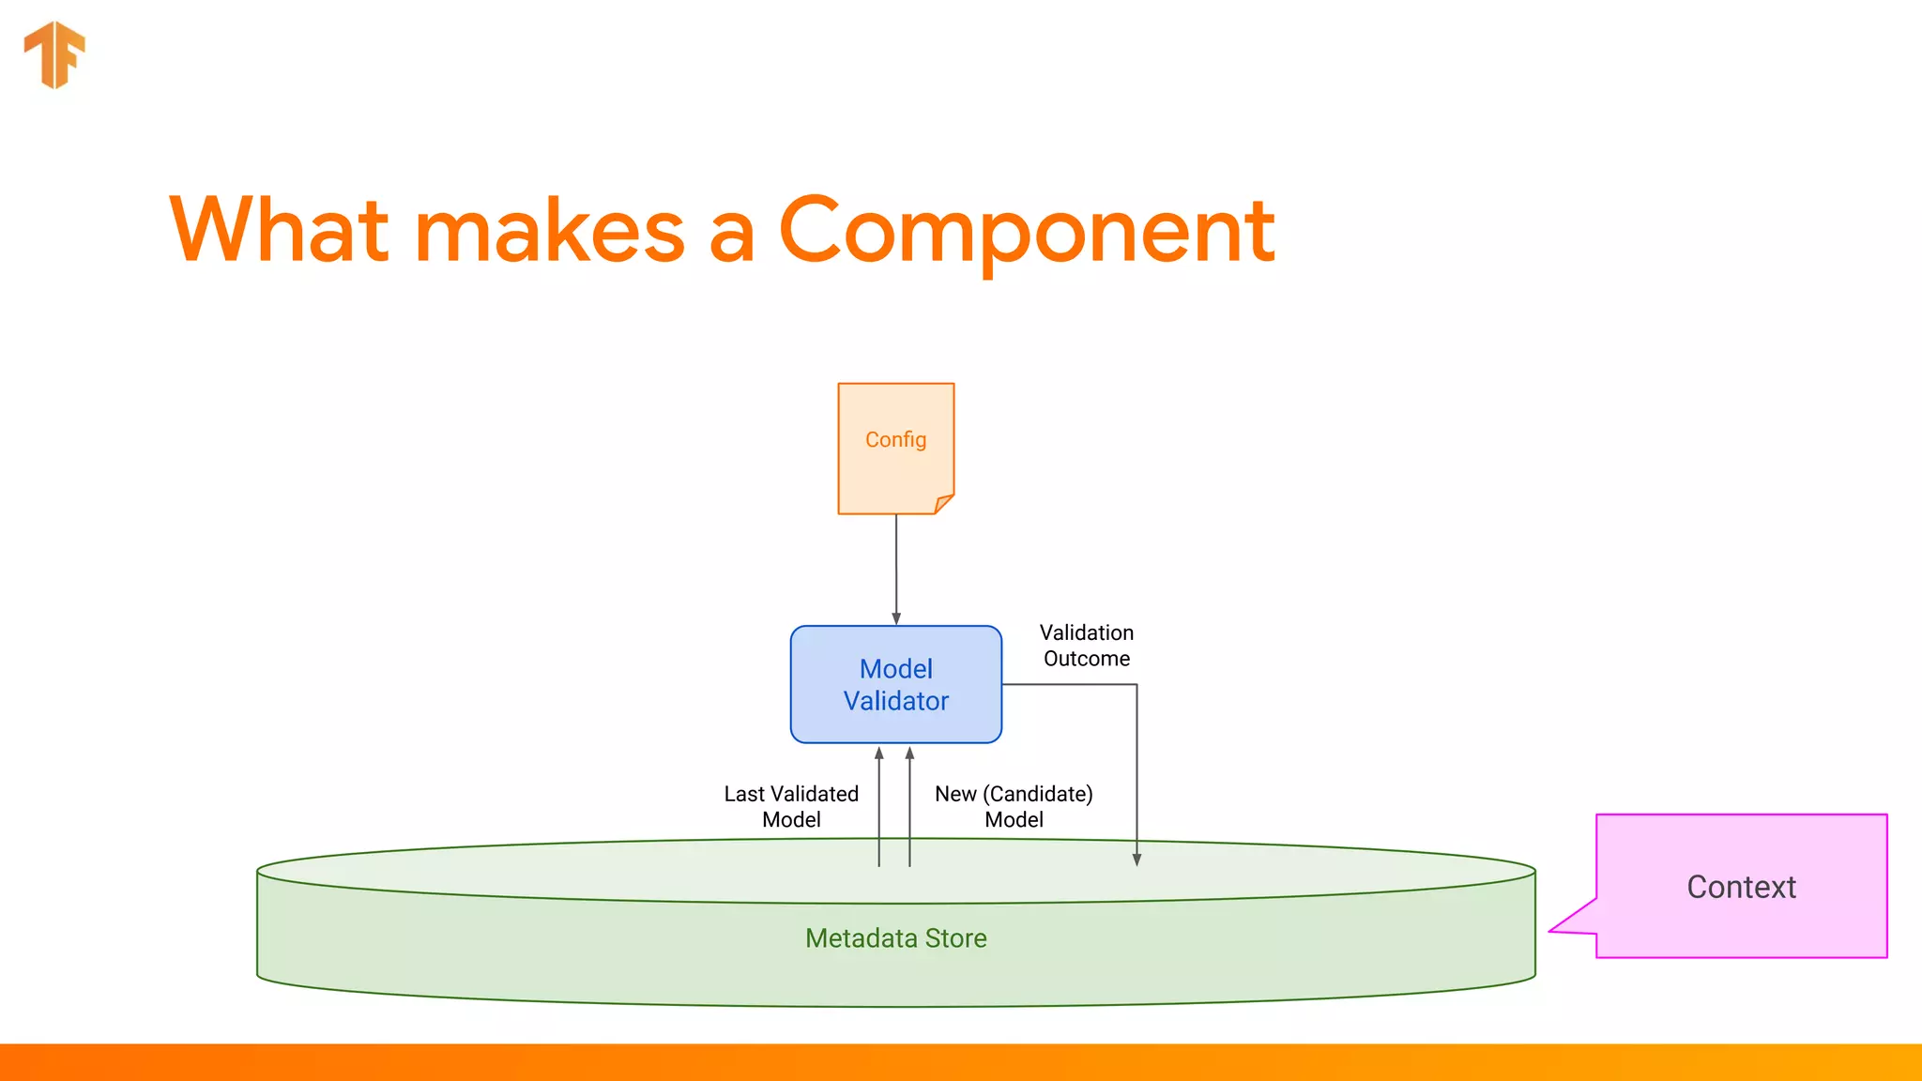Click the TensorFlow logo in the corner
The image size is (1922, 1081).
click(54, 54)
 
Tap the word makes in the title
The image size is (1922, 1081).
click(550, 232)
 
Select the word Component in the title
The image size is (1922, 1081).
click(1026, 232)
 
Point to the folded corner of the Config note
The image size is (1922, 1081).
click(943, 504)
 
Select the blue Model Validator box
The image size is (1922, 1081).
click(896, 684)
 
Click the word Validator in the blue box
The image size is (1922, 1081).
click(896, 701)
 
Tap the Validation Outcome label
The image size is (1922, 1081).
click(1087, 646)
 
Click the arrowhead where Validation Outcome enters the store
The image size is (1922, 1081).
click(1136, 860)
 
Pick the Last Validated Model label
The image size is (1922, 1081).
click(791, 806)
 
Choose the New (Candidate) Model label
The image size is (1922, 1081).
click(1014, 806)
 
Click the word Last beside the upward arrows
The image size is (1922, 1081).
click(744, 794)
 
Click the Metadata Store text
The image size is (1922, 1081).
click(896, 938)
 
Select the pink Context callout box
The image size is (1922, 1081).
click(1741, 886)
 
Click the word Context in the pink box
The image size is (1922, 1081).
click(1741, 887)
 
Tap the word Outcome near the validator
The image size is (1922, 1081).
click(1087, 659)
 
